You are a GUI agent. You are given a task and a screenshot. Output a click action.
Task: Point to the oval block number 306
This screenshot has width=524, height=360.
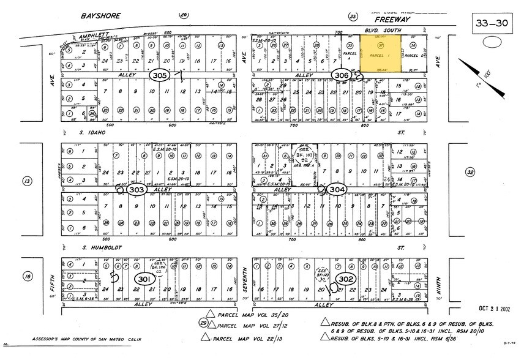(342, 74)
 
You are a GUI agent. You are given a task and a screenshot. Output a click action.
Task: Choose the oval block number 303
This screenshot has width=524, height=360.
(137, 190)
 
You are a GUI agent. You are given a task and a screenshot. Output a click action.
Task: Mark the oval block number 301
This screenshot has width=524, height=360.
(143, 279)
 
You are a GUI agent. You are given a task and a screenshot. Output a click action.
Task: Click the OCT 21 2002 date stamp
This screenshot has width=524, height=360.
(489, 309)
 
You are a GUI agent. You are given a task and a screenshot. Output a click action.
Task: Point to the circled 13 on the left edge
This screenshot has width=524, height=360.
(26, 181)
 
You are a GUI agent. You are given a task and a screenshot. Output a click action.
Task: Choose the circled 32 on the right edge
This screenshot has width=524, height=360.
(470, 173)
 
